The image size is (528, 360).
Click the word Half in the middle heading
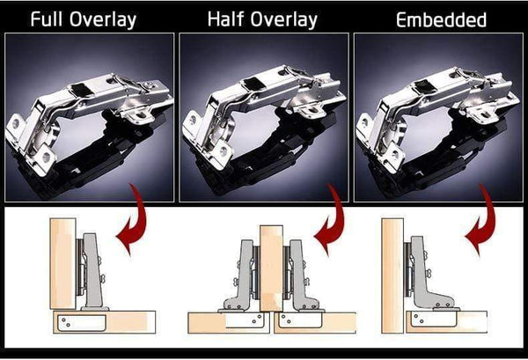227,18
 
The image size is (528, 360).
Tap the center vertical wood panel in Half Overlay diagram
269,264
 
